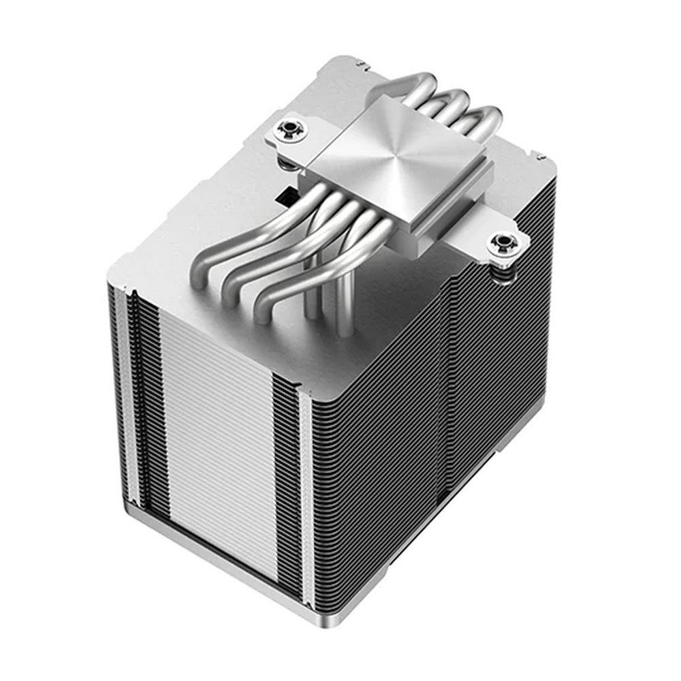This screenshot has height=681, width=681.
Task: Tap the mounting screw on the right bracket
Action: pyautogui.click(x=504, y=243)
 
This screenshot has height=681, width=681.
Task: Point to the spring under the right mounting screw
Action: pyautogui.click(x=505, y=271)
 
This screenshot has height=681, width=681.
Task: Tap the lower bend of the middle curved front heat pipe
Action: pyautogui.click(x=235, y=289)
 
